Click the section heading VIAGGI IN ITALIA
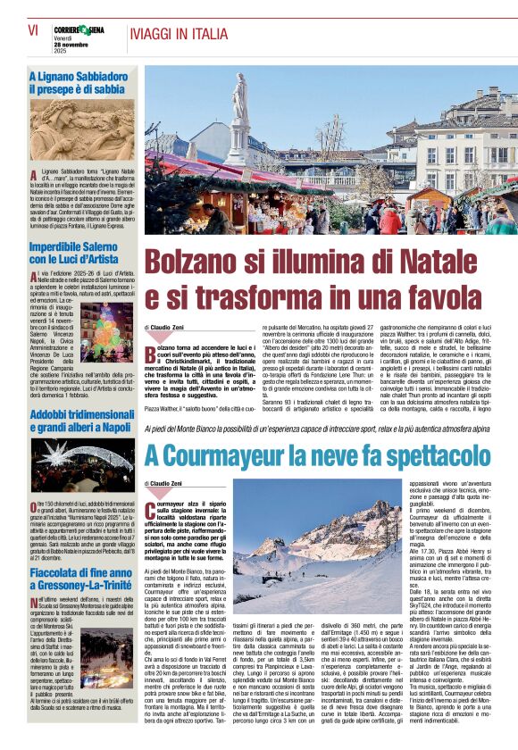178,33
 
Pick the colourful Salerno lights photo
106,333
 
